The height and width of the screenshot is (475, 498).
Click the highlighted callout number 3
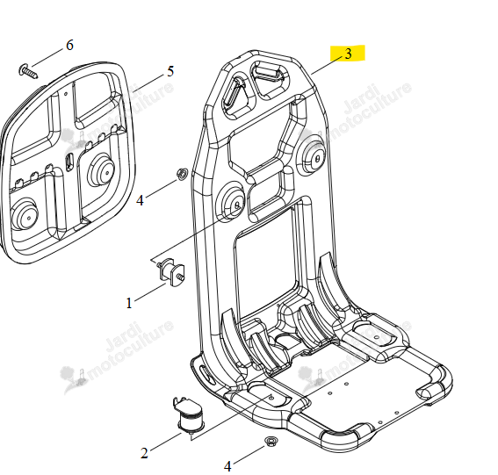(348, 54)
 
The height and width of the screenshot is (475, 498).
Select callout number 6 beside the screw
(70, 45)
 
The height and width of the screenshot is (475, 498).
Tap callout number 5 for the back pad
(170, 71)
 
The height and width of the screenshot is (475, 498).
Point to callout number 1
(129, 303)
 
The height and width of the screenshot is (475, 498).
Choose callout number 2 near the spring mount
(144, 453)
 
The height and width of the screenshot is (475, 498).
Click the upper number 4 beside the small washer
(140, 200)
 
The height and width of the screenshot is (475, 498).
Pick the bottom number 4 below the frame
(227, 466)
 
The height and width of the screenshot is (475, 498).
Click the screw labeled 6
(29, 71)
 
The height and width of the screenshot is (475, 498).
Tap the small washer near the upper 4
(183, 174)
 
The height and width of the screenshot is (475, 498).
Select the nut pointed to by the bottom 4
(271, 442)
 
